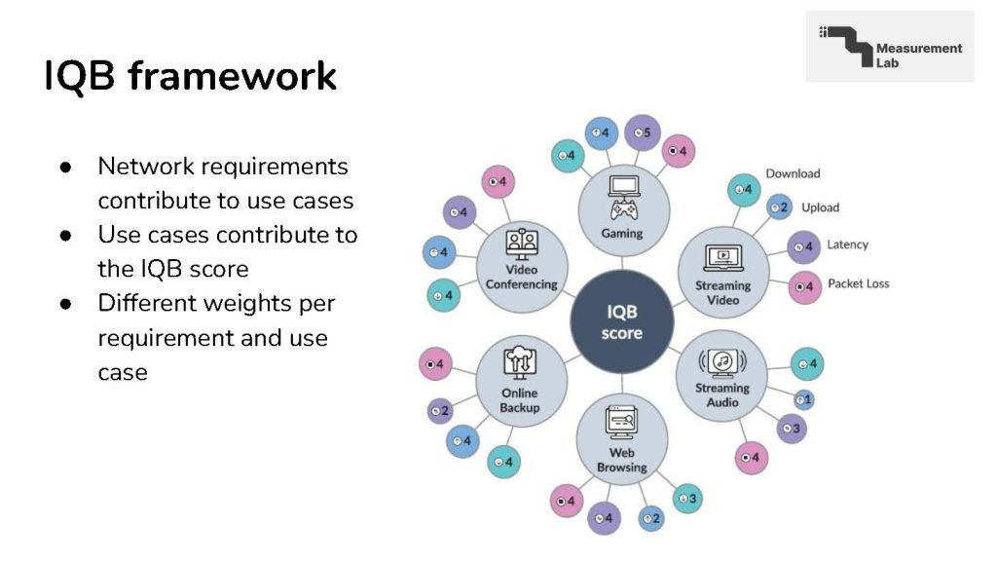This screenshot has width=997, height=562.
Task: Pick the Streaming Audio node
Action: (722, 376)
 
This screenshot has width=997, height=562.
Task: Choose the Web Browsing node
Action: (622, 437)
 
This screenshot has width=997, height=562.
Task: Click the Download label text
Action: (793, 173)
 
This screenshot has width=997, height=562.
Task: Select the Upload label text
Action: (820, 207)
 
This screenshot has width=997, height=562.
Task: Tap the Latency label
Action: (847, 244)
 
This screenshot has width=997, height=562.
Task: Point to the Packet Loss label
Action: (858, 283)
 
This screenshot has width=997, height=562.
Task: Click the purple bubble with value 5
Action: (642, 132)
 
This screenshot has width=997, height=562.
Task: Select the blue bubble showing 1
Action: (804, 398)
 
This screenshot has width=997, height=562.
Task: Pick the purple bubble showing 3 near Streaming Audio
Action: (791, 428)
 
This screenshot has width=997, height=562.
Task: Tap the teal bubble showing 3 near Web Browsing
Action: (687, 499)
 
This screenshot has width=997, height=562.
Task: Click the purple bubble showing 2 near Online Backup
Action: (439, 411)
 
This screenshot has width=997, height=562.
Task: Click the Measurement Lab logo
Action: (889, 47)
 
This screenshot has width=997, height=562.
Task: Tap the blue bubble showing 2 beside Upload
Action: (779, 206)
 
